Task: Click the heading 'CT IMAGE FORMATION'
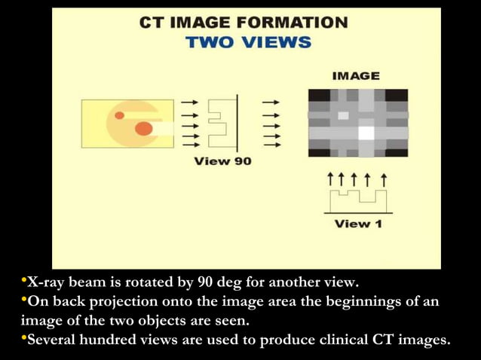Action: (x=244, y=22)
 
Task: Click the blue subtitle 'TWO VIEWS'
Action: (x=248, y=42)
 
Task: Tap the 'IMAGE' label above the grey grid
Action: (x=356, y=76)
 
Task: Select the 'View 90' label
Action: (x=222, y=161)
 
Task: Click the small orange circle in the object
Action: (x=119, y=115)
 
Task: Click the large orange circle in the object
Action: (x=143, y=129)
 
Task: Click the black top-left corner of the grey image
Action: (x=317, y=95)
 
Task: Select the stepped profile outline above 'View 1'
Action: (x=358, y=200)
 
